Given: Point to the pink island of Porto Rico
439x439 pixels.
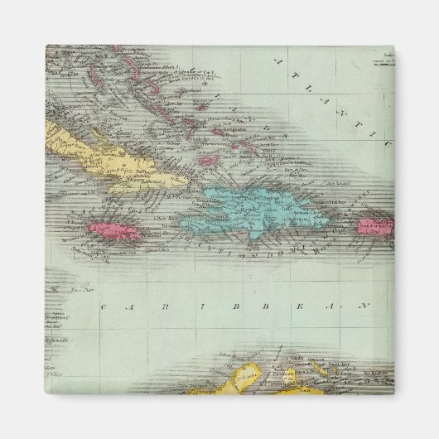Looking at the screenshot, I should tap(375, 224).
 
